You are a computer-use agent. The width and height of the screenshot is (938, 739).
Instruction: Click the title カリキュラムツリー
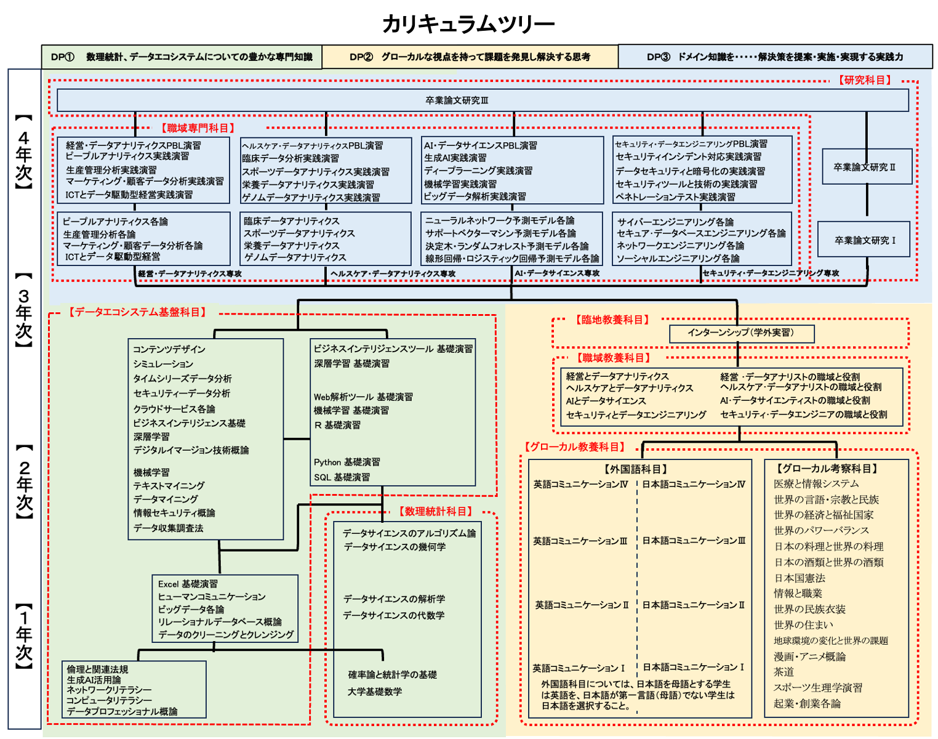(468, 24)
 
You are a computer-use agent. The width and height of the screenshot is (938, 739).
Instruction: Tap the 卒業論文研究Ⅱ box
(867, 167)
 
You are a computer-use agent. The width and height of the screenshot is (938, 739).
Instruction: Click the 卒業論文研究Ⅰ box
(864, 240)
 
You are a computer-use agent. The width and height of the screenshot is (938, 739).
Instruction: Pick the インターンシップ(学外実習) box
(741, 333)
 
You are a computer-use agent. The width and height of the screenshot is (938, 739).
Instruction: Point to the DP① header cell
(182, 57)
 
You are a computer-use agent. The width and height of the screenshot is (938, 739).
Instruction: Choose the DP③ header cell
(774, 57)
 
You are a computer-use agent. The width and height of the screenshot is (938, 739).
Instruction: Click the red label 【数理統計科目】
(436, 511)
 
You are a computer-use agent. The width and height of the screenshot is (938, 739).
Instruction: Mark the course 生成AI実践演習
(455, 158)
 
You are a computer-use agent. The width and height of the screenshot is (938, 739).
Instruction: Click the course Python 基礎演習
(347, 462)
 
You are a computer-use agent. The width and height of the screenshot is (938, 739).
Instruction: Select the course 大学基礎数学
(374, 692)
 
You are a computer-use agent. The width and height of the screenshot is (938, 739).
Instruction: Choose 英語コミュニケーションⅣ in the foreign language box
(580, 485)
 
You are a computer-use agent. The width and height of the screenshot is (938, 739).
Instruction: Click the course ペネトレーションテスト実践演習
(675, 197)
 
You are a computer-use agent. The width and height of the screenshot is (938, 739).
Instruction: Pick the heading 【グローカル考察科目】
(827, 469)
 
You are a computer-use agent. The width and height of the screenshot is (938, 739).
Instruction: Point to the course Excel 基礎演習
(188, 584)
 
